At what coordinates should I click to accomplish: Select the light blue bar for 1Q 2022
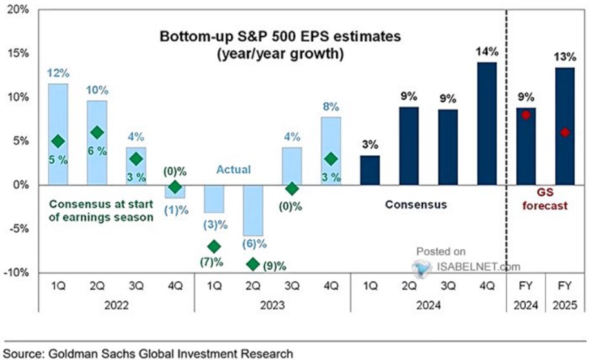pos(58,134)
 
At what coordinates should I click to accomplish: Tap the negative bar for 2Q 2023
pos(253,210)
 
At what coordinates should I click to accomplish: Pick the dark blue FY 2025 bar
pos(565,126)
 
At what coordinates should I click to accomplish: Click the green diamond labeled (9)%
pos(253,264)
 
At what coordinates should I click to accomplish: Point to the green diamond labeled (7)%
pos(214,247)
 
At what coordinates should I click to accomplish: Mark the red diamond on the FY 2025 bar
pos(565,133)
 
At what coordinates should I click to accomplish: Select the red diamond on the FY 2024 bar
pos(526,115)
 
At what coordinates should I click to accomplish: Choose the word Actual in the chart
pos(233,170)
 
